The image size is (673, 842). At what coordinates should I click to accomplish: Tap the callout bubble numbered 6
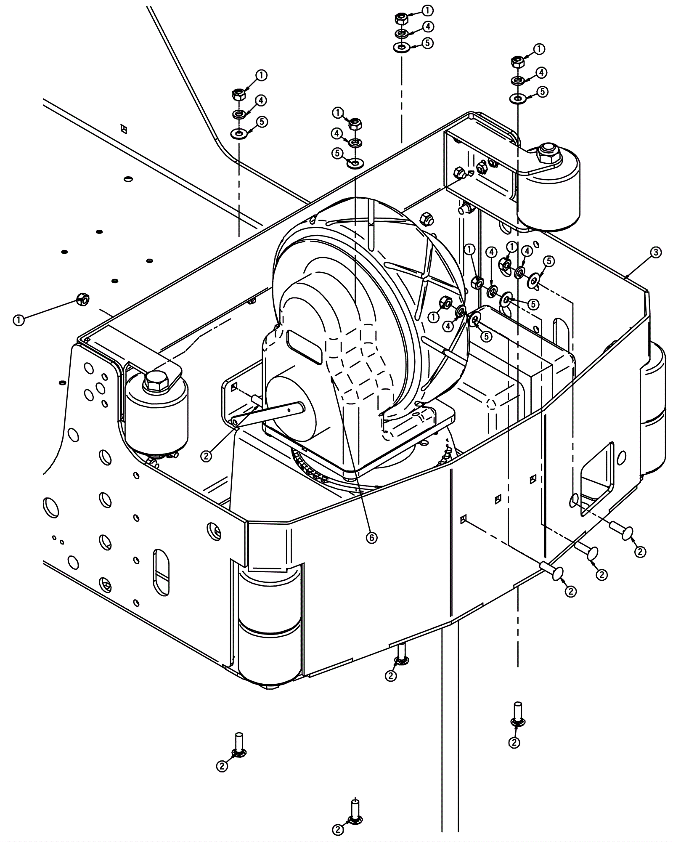pos(371,537)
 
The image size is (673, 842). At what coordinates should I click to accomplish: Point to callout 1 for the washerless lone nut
pos(19,320)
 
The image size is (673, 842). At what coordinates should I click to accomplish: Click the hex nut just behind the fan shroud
pos(426,218)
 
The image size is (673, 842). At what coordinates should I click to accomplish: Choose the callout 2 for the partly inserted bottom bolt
pos(391,676)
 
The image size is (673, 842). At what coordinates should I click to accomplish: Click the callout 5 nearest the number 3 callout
pos(548,261)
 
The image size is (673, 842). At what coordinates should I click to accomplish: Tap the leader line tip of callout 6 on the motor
pos(332,377)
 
